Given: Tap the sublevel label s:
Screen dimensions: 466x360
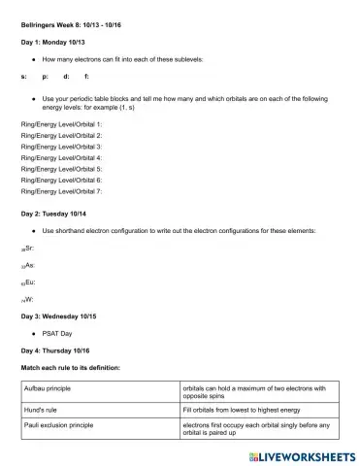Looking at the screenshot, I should pos(24,76).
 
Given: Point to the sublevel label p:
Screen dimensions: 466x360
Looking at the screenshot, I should pos(45,76).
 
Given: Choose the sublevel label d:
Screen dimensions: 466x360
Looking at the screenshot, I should pos(66,76).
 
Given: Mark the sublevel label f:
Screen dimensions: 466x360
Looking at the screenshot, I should pos(87,76).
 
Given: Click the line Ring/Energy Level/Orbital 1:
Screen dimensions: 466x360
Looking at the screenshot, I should pos(61,125).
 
